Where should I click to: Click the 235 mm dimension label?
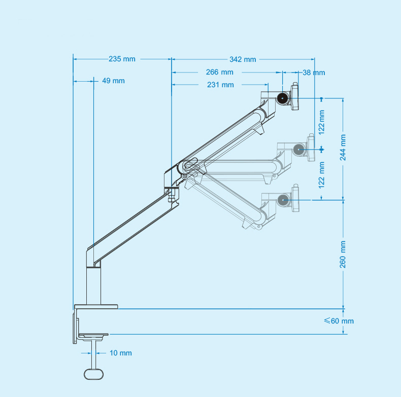(122, 59)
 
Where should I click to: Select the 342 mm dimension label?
(243, 59)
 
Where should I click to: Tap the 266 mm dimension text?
(220, 73)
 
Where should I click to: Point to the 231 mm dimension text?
(220, 85)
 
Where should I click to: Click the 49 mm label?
(113, 81)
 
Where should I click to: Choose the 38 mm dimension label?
(314, 73)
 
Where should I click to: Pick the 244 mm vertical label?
(343, 148)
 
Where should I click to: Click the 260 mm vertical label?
(343, 255)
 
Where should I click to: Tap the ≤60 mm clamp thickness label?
(339, 321)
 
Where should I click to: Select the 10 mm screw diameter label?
(121, 353)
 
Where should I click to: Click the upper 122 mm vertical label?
(321, 122)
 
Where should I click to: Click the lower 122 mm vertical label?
(321, 175)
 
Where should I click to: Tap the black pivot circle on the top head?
(282, 98)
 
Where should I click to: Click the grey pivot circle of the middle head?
(298, 150)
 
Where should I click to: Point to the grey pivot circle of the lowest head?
(283, 200)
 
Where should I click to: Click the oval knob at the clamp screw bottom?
(94, 374)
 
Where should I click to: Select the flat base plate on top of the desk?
(96, 307)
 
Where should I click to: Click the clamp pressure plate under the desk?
(93, 335)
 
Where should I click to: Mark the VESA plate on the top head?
(294, 96)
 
